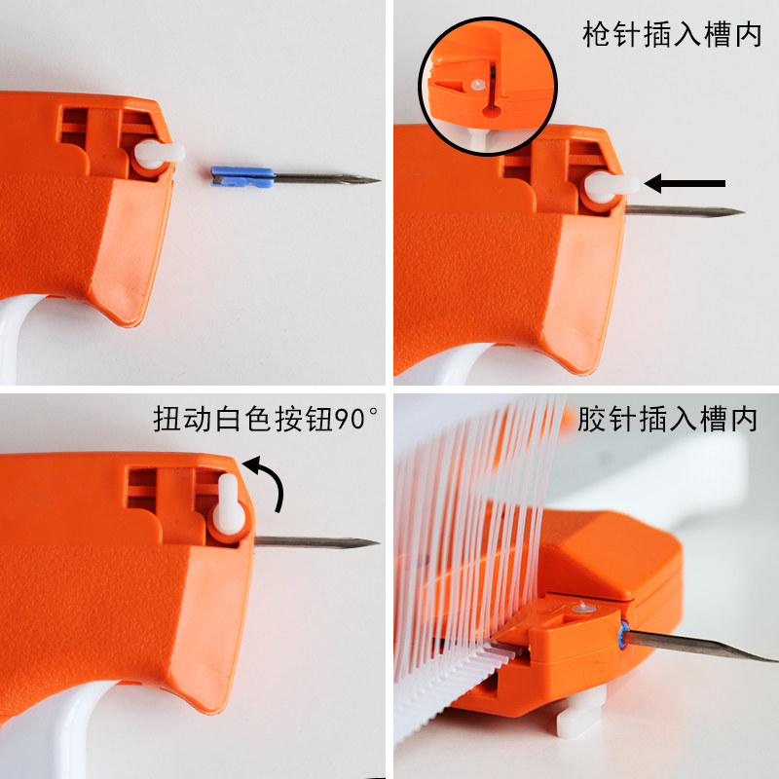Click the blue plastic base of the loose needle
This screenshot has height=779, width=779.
[x=242, y=176]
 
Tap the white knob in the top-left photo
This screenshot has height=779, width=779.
[x=159, y=154]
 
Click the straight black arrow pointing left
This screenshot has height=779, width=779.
[x=686, y=183]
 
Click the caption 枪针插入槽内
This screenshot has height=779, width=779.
[x=672, y=35]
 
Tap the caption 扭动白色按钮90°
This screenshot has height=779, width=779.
[x=265, y=419]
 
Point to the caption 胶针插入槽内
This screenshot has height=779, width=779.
[x=667, y=420]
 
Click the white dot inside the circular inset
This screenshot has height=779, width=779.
[x=477, y=85]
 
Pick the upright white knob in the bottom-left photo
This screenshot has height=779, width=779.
[x=229, y=504]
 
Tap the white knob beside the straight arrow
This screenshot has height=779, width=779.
[x=611, y=187]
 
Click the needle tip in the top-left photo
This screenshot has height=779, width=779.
[x=379, y=180]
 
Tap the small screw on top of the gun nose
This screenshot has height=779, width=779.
[x=581, y=608]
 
